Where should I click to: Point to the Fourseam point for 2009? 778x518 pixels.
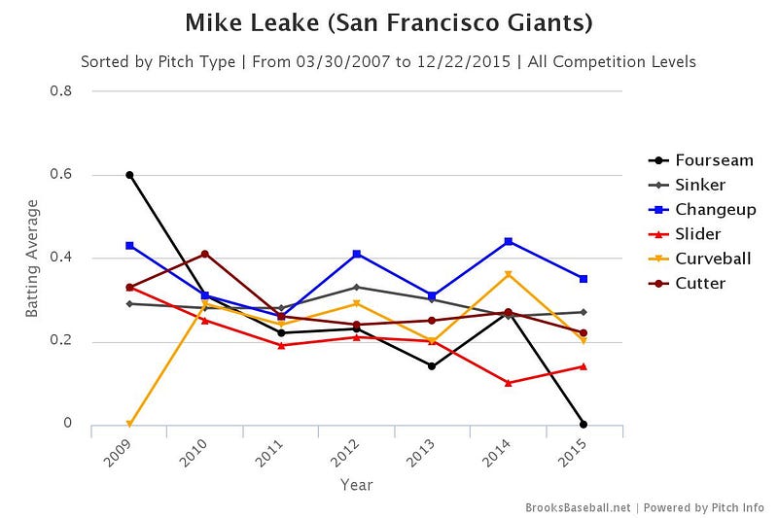coord(129,175)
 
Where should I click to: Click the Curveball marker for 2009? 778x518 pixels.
coord(129,425)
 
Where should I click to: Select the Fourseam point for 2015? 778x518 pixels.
coord(583,425)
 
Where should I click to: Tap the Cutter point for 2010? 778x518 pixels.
coord(205,254)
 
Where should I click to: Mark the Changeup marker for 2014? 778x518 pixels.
coord(508,241)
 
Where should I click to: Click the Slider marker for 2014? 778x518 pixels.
coord(508,383)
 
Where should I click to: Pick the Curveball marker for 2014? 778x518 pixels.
coord(508,274)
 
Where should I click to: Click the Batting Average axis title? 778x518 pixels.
coord(32,258)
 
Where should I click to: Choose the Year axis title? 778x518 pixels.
coord(357,484)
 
